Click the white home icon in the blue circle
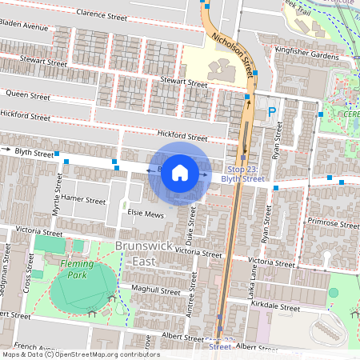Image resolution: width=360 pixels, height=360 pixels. [180, 173]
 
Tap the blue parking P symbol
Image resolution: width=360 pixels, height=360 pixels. [272, 113]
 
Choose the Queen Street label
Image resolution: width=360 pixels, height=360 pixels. [28, 94]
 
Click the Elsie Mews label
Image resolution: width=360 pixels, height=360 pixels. [145, 214]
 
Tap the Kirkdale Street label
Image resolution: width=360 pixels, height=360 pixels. [274, 307]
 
